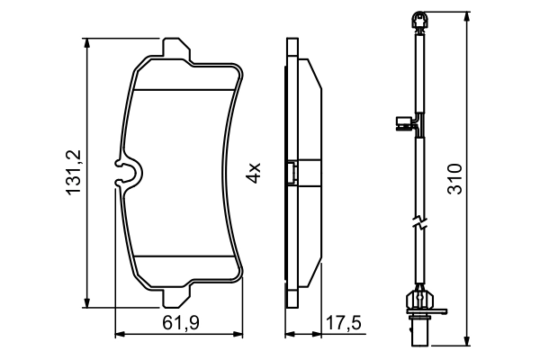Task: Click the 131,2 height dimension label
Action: click(x=76, y=171)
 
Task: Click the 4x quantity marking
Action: click(x=256, y=171)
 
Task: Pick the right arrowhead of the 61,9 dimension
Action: click(x=240, y=337)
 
